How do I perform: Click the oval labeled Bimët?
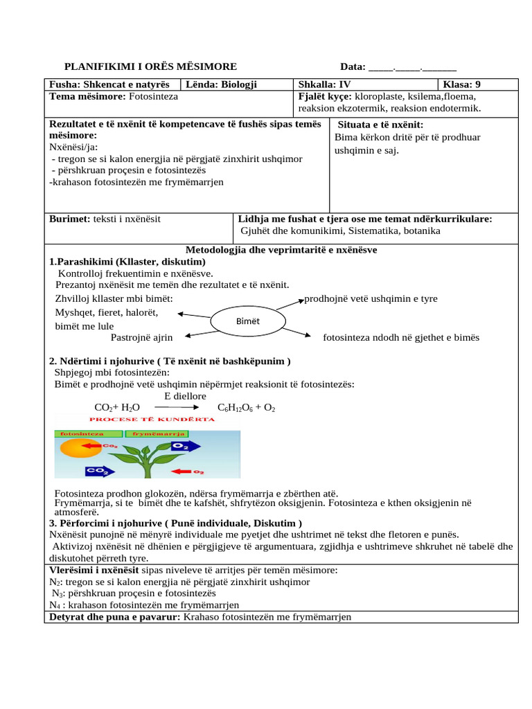coord(247,321)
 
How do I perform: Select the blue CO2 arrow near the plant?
coord(98,472)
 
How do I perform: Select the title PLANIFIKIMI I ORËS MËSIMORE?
coord(150,67)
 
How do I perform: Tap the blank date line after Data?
coord(413,68)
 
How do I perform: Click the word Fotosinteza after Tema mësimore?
coord(153,96)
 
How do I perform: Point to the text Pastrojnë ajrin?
coord(141,337)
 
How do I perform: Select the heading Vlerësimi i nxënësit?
coord(94,570)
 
